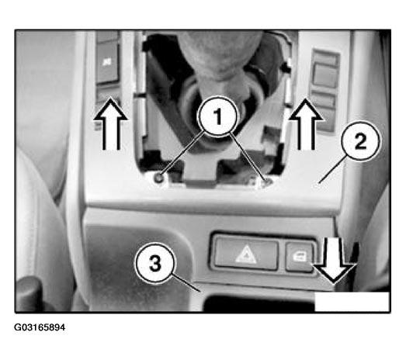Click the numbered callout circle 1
point(217,116)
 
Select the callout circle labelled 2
point(361,141)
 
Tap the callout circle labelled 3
point(154,264)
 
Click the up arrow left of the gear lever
point(111,123)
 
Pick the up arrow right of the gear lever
point(306,124)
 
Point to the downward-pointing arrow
point(334,260)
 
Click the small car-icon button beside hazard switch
point(300,257)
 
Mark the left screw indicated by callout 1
point(159,177)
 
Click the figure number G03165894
point(40,327)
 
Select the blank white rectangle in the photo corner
point(352,302)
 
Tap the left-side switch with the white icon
point(107,64)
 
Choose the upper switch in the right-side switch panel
point(325,75)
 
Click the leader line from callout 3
point(186,283)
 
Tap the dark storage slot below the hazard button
point(259,303)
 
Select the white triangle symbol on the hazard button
point(246,254)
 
